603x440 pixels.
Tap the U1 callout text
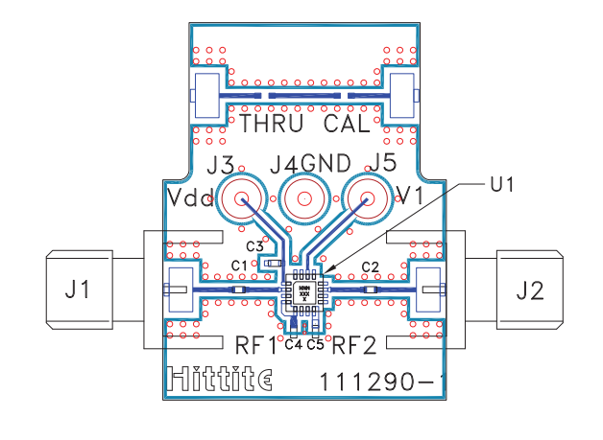[x=502, y=185]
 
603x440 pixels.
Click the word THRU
[x=272, y=124]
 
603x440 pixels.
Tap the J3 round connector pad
[x=240, y=200]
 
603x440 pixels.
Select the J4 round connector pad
[x=302, y=200]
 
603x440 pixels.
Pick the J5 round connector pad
[x=366, y=200]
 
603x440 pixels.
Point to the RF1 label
[x=255, y=343]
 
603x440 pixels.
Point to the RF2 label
[x=355, y=343]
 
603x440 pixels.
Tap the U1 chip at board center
[x=303, y=289]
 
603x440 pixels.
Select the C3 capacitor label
[x=254, y=246]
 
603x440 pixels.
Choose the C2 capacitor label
[x=370, y=266]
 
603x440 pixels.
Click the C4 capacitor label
[x=293, y=343]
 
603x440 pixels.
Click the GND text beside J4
[x=326, y=163]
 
